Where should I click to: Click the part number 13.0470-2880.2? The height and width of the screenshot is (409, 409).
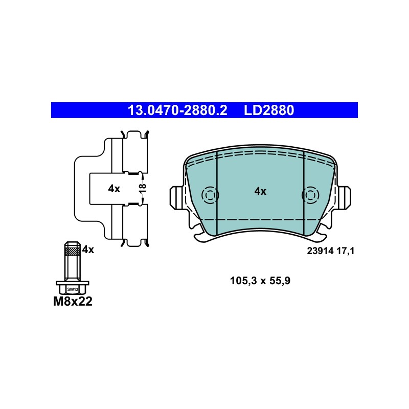(x=177, y=110)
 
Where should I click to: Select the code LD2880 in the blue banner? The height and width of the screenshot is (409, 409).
(x=269, y=110)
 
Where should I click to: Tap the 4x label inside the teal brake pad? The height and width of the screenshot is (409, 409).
(x=260, y=191)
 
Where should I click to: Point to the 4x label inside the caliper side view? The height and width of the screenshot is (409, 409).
(x=114, y=189)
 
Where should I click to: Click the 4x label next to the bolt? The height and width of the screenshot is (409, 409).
(x=88, y=250)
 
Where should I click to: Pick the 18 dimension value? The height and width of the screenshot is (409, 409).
(x=143, y=188)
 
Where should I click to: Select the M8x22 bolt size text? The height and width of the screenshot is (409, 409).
(x=73, y=302)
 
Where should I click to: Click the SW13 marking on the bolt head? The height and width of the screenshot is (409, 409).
(x=73, y=289)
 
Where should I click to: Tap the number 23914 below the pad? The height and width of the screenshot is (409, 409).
(x=321, y=251)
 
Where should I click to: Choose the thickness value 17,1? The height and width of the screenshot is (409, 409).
(x=346, y=251)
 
